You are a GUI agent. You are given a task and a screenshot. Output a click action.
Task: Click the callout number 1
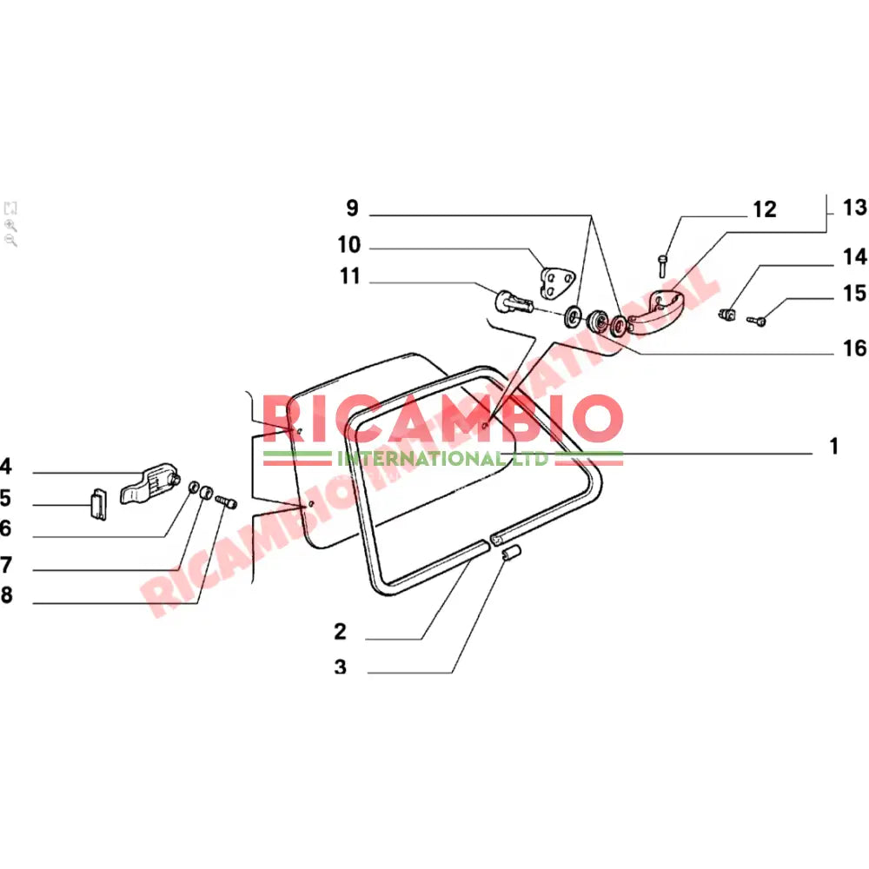833,447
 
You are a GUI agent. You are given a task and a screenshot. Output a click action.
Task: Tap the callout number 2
340,632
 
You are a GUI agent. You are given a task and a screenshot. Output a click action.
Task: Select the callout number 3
340,667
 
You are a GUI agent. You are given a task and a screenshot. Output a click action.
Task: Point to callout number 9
352,209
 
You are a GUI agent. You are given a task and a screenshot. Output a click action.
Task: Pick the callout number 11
350,277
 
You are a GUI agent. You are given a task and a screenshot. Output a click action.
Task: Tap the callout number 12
765,209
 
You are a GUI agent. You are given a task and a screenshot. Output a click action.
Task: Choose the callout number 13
854,208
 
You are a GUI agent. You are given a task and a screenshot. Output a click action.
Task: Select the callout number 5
5,499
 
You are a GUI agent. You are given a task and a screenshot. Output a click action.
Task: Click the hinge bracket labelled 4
150,482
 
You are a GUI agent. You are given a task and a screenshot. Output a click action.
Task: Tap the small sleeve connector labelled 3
511,554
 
